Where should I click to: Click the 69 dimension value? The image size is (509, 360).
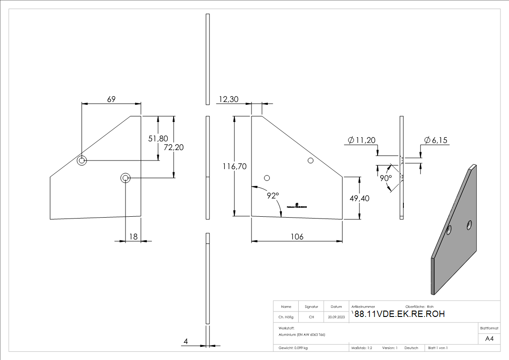(x=111, y=99)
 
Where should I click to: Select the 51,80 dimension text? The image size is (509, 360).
(x=158, y=139)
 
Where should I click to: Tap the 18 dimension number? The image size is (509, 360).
(x=133, y=236)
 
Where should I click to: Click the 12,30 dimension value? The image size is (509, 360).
(x=229, y=99)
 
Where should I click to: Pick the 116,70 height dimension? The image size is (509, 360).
(x=234, y=167)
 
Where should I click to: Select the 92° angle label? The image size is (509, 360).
(x=273, y=195)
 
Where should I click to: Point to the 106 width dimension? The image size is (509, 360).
(x=297, y=237)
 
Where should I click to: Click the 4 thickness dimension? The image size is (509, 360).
(x=186, y=341)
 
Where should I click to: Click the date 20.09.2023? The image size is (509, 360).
(x=336, y=317)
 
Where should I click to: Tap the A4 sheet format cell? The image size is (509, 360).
(x=489, y=339)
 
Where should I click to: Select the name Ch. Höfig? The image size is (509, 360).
(x=286, y=317)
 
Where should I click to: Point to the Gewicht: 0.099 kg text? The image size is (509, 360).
(x=293, y=348)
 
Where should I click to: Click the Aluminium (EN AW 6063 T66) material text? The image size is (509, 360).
(x=302, y=334)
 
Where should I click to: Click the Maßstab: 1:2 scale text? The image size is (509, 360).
(x=362, y=348)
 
